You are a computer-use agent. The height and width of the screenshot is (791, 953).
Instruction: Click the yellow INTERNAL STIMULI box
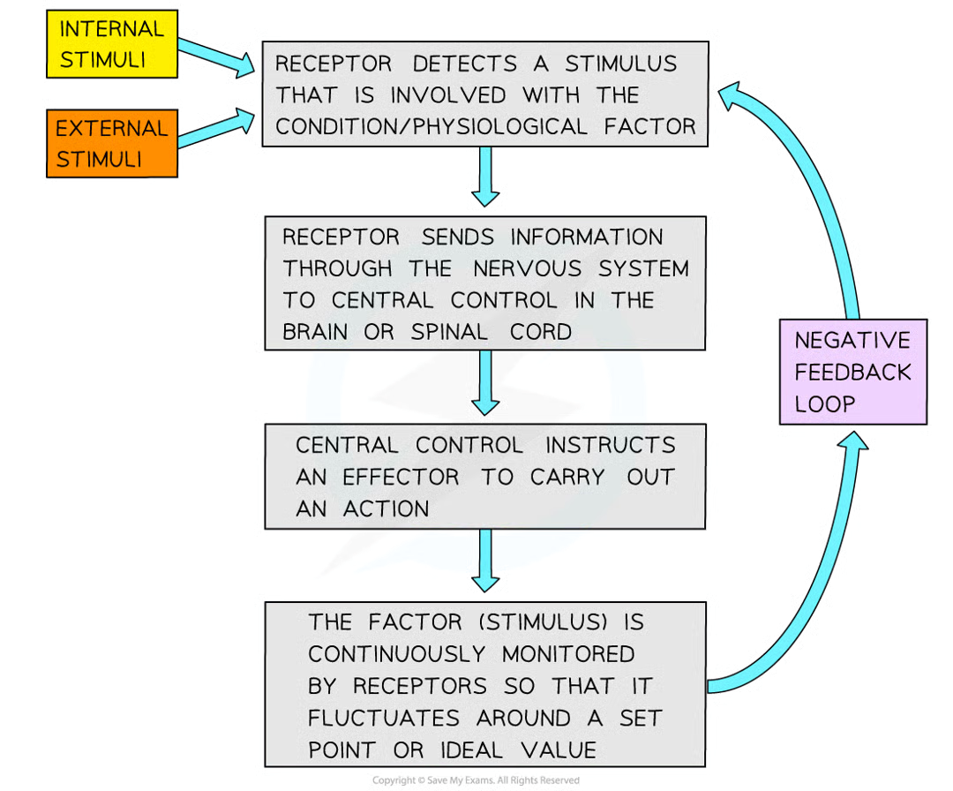111,45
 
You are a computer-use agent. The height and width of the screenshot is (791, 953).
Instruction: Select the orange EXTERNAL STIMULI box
111,144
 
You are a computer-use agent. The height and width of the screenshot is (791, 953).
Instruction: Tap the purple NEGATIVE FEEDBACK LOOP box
852,372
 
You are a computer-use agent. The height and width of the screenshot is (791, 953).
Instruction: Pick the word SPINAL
448,332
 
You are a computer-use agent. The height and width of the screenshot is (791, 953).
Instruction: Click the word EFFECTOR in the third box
401,478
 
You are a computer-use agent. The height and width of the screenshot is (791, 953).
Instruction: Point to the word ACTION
386,509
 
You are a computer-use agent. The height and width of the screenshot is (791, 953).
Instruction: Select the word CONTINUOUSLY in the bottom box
396,654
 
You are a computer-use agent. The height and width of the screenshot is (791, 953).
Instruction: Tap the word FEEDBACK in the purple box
852,372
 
